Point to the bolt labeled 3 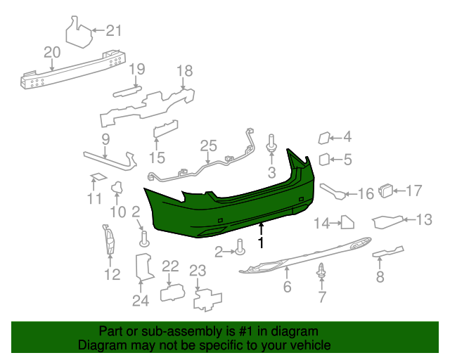(271, 143)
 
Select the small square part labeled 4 (325, 139)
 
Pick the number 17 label (413, 190)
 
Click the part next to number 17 (385, 190)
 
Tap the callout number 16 (366, 193)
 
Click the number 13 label (424, 220)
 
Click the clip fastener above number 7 (321, 269)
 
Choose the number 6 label (287, 287)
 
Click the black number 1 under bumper (261, 243)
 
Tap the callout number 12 (112, 274)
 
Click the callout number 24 (141, 302)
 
